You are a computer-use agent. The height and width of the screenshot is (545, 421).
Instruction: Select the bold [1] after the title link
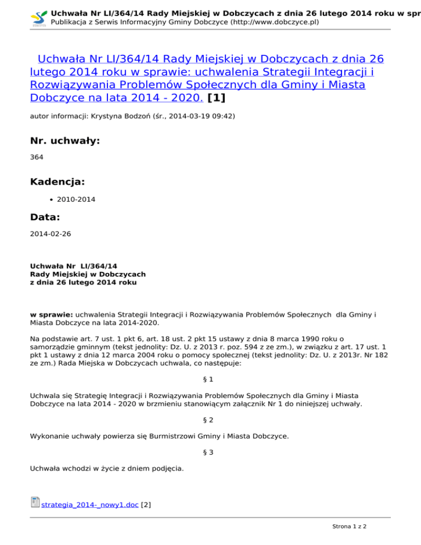click(x=217, y=99)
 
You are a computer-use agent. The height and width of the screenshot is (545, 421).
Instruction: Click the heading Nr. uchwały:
click(x=65, y=141)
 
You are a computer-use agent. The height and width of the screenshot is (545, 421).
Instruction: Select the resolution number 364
click(x=36, y=157)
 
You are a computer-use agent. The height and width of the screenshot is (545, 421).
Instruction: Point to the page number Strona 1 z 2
click(x=349, y=526)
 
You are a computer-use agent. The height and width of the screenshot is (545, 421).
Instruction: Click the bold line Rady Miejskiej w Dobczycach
click(x=88, y=274)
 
